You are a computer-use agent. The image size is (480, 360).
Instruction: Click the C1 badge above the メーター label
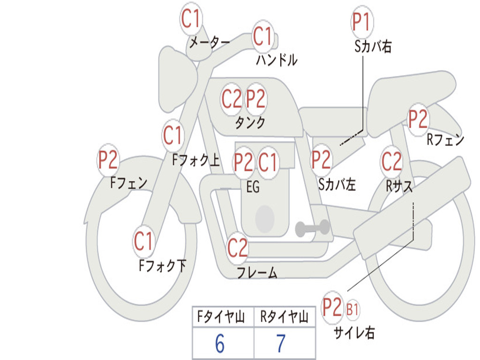pos(190,18)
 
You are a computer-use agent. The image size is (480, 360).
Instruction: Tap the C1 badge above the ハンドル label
pos(262,36)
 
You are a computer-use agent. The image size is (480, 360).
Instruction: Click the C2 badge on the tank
pos(232,99)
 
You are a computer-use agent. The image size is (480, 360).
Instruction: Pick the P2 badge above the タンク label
pos(255,99)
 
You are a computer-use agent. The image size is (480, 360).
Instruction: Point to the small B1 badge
pos(352,309)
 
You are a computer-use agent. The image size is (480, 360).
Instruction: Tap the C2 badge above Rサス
pos(391,161)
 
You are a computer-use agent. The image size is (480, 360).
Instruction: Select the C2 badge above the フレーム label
pos(237,247)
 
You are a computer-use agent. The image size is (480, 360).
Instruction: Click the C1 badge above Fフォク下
pos(143,241)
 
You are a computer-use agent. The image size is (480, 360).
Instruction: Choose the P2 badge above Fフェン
pos(108,160)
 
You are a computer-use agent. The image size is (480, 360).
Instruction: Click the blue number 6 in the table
pos(220,344)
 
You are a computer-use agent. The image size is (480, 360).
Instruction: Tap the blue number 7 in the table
pos(281,344)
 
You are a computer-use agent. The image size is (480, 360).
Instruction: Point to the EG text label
pos(253,187)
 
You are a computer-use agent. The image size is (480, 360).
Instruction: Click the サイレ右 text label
pos(354,332)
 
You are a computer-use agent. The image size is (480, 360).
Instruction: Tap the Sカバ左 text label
pos(337,184)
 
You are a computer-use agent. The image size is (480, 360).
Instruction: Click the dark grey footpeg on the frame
pos(312,227)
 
